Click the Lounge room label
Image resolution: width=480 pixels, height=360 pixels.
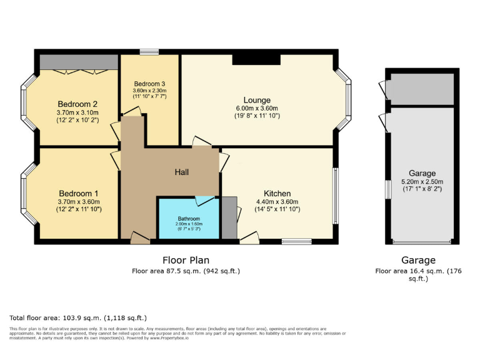tap(257, 100)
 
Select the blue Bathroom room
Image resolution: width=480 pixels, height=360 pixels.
tap(188, 219)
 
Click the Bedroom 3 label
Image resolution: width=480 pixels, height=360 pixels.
tap(149, 83)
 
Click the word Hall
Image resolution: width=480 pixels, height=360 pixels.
tap(182, 172)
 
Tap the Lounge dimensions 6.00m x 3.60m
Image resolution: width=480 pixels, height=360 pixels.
tap(257, 108)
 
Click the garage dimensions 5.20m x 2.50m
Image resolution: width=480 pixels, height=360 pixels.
tap(422, 181)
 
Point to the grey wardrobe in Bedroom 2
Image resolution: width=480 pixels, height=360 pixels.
tap(79, 62)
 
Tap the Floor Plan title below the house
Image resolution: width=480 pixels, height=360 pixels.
tap(186, 260)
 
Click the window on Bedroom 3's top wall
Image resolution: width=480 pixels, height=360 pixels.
tap(149, 52)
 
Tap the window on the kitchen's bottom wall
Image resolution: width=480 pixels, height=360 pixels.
tap(296, 241)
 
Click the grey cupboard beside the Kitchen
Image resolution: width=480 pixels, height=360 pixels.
tap(229, 217)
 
